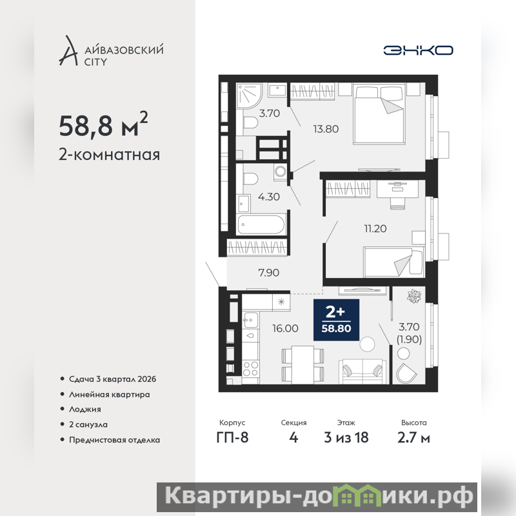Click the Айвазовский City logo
coord(111,51)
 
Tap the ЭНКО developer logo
coord(418,50)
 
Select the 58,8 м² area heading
coord(103,124)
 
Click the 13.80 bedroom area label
coord(326,129)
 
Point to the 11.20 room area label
coord(375,228)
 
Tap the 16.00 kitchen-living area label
coord(285,328)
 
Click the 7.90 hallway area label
coord(268,272)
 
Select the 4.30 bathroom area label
coord(269,197)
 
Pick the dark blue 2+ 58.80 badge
coord(336,320)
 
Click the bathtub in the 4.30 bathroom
coord(261,224)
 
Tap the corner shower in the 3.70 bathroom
coord(249,95)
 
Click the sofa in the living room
coord(362,372)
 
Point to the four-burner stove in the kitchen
coord(251,368)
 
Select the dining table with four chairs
coord(303,364)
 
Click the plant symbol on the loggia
coord(414,296)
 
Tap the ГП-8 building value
coord(232,438)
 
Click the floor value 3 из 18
coord(346,438)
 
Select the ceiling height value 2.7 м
coord(413,438)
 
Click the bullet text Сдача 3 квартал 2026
coord(112,379)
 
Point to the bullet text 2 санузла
coord(88,424)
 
